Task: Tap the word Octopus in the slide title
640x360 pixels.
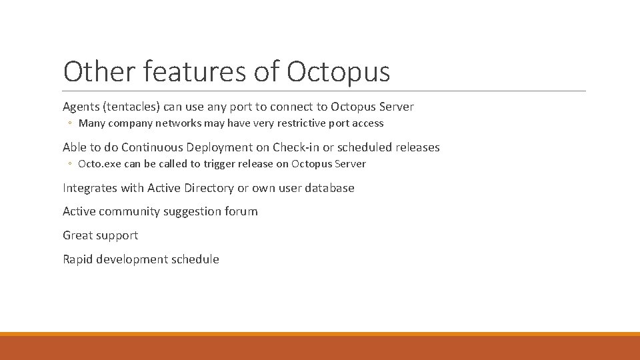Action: [338, 71]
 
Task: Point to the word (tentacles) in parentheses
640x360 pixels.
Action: [137, 107]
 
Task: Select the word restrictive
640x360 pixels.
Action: [305, 123]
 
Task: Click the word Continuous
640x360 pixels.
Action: [153, 147]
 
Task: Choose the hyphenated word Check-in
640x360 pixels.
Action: [295, 147]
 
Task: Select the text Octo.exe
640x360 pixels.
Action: [99, 164]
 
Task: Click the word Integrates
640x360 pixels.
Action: [90, 188]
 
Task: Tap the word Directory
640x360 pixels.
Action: [207, 188]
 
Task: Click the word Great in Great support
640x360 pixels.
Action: [77, 235]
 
